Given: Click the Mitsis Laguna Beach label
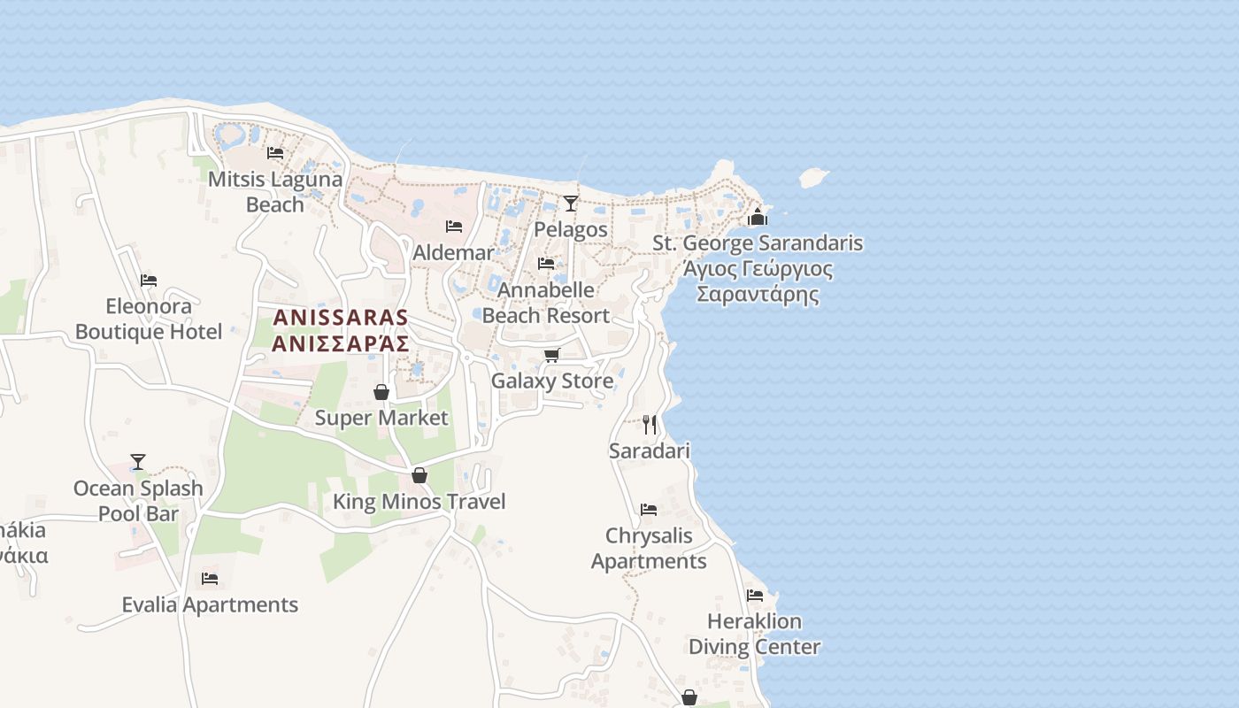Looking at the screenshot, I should [x=274, y=192].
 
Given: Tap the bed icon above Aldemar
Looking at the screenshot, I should [x=454, y=227].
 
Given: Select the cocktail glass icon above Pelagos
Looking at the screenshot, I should [x=571, y=204].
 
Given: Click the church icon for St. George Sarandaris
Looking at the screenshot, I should [x=758, y=216].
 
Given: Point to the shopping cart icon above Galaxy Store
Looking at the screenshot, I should [x=552, y=355].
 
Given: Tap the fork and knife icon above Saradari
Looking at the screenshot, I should [x=650, y=425].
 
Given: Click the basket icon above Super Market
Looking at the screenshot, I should [x=381, y=392].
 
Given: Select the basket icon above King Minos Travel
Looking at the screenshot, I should [x=419, y=475].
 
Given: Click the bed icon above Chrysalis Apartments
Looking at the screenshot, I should [x=649, y=510].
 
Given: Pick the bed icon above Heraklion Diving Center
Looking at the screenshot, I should [x=755, y=596].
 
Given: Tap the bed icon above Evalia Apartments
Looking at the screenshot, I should [x=210, y=579].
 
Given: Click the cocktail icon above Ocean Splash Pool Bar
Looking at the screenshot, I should [x=138, y=462].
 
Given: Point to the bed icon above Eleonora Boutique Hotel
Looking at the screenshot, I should [x=149, y=281].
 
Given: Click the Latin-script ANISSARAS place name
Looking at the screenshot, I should [x=341, y=317].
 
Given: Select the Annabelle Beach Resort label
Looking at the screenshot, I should [x=546, y=303].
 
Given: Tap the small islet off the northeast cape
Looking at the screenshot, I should [x=813, y=177].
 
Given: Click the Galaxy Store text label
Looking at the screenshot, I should [x=552, y=381].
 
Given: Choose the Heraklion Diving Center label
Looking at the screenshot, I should [x=755, y=634].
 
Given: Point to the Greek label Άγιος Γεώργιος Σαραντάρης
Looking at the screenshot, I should [x=758, y=281].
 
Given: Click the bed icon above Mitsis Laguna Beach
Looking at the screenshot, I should [x=275, y=153].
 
